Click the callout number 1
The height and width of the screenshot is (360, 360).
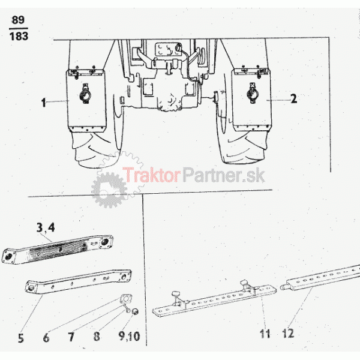click(44, 103)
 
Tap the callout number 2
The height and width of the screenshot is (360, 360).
click(293, 99)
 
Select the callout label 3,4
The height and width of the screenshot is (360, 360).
click(46, 228)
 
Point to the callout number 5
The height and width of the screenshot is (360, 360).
click(21, 338)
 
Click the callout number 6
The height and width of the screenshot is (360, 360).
click(46, 337)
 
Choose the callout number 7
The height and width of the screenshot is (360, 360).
click(71, 337)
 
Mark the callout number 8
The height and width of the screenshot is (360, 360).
click(97, 337)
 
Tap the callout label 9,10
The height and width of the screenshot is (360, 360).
click(129, 336)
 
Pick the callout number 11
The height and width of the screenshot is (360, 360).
click(265, 334)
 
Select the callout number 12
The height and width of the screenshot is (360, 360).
click(288, 333)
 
